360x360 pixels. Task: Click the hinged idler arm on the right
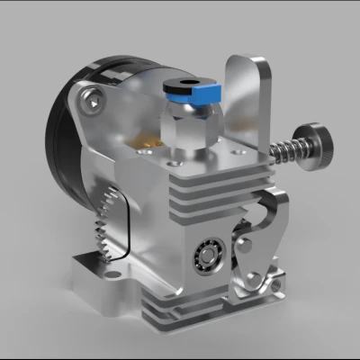coord(261,243)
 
